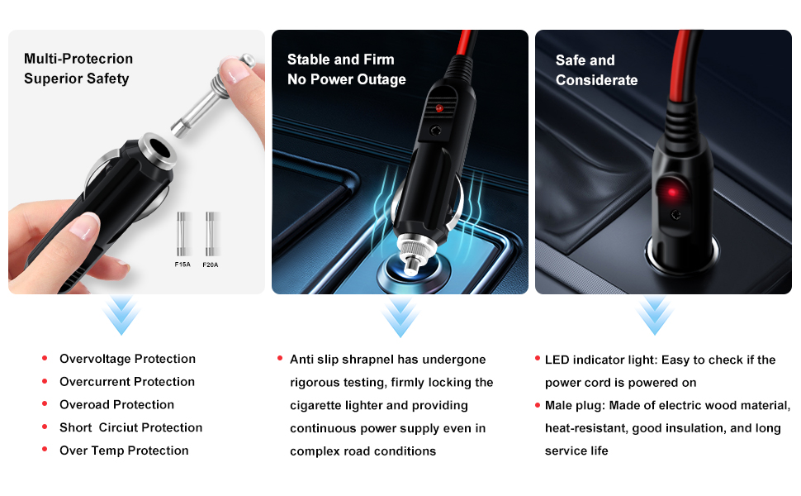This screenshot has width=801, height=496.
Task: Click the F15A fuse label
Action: pos(182,265)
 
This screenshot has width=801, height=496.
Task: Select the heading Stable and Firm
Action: pos(340,60)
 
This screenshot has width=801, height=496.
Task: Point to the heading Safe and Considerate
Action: pos(596,70)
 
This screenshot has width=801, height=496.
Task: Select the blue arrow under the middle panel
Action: pos(400,316)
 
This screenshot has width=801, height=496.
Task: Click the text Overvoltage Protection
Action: pos(127,359)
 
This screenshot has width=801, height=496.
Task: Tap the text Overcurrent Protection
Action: pos(127,382)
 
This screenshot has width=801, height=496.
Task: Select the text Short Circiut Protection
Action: pos(130,427)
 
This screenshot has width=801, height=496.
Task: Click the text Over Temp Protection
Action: pos(124,451)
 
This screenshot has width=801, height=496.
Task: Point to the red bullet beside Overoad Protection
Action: pos(45,404)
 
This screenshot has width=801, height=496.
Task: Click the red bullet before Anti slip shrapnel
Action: pos(281,359)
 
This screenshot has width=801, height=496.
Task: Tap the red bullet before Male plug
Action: pos(538,405)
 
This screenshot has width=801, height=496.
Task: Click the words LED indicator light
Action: pos(595,360)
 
